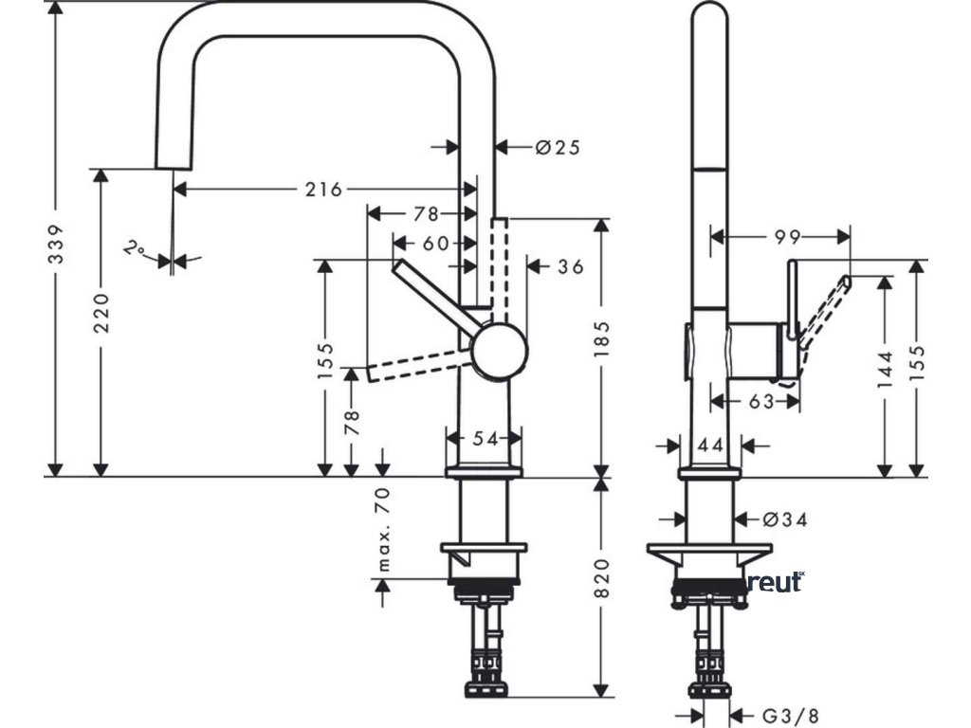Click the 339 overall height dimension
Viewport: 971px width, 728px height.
click(56, 246)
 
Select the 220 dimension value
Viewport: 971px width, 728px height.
click(101, 312)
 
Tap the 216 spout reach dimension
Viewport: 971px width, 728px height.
click(322, 189)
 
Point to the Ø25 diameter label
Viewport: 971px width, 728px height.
click(557, 147)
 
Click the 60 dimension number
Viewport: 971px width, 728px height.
click(436, 244)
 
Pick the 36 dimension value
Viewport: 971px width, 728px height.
click(570, 266)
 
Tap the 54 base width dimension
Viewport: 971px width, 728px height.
click(485, 438)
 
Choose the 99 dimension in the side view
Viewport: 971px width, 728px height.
click(787, 236)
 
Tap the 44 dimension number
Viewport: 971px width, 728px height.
click(710, 444)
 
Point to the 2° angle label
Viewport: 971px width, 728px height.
click(135, 249)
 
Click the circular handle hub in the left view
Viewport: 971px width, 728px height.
click(499, 350)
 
